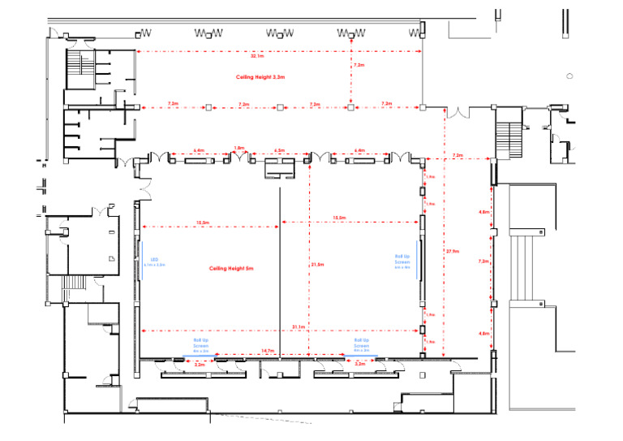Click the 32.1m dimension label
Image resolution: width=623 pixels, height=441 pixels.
(x=258, y=57)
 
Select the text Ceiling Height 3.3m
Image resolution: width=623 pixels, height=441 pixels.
(x=260, y=76)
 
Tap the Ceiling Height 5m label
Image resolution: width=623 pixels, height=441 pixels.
(x=232, y=268)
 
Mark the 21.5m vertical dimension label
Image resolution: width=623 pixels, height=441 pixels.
(x=317, y=264)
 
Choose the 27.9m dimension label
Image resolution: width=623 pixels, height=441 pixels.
(x=452, y=251)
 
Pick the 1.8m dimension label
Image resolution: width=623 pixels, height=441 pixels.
(x=238, y=148)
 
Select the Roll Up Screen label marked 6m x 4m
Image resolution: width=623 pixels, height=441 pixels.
(x=403, y=260)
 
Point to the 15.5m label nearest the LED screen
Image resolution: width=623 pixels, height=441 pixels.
(x=203, y=222)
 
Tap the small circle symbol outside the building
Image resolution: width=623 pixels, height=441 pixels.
(x=570, y=76)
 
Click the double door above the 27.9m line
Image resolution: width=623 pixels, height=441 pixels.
(x=458, y=113)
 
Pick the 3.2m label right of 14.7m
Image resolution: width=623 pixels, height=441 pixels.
(x=360, y=365)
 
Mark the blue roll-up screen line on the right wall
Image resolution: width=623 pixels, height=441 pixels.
(x=420, y=260)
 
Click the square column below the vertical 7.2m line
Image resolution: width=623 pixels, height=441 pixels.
(x=350, y=106)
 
